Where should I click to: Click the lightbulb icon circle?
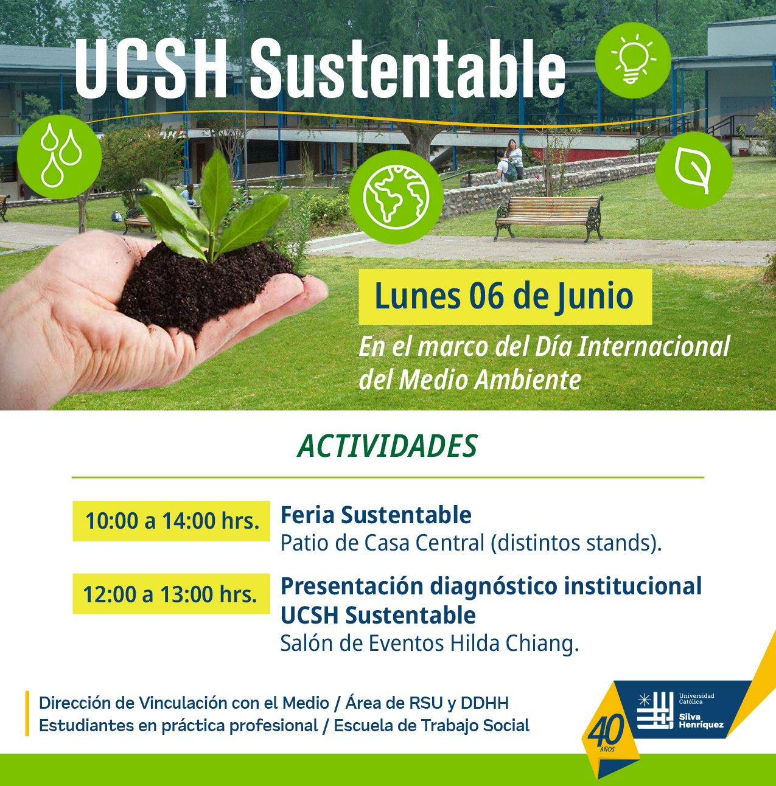click(x=633, y=60)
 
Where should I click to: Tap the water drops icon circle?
click(x=60, y=157)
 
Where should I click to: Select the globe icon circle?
click(x=396, y=197)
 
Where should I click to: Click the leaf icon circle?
click(x=694, y=170)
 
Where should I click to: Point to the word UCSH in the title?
click(x=151, y=69)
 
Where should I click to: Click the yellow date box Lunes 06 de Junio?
click(x=505, y=297)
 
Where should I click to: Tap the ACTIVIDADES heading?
click(x=387, y=446)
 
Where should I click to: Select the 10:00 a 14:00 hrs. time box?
click(x=172, y=521)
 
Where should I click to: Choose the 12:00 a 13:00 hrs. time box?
click(x=172, y=594)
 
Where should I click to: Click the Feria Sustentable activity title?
click(x=376, y=515)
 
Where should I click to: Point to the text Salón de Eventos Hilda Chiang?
click(x=430, y=644)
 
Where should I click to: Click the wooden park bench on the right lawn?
click(x=549, y=218)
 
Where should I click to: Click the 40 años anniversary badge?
click(x=607, y=734)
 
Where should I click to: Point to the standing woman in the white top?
click(x=515, y=159)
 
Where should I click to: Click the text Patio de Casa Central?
click(x=382, y=543)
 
